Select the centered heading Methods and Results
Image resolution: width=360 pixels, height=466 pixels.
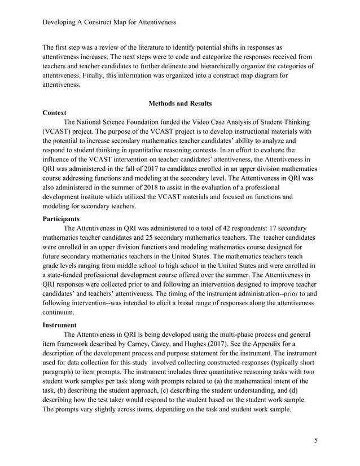(179, 103)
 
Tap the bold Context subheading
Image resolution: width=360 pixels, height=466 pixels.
(55, 113)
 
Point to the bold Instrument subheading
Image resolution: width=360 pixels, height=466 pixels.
(61, 325)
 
